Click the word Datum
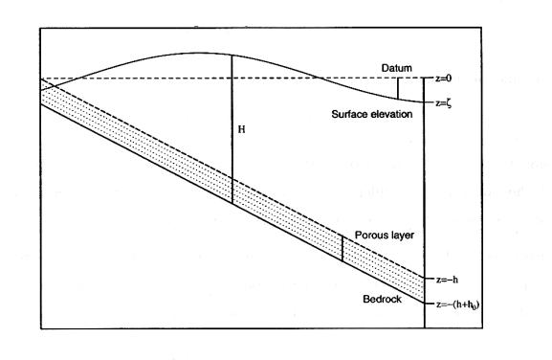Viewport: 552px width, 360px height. (x=397, y=68)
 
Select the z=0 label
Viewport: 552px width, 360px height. (x=443, y=79)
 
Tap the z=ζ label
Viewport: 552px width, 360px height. (x=444, y=103)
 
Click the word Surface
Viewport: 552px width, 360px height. (x=351, y=114)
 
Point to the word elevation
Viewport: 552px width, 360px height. (x=392, y=114)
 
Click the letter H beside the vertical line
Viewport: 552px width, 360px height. (x=241, y=129)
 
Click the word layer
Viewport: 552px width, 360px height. (x=402, y=236)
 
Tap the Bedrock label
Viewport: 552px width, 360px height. (x=382, y=299)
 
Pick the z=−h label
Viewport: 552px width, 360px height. (x=447, y=280)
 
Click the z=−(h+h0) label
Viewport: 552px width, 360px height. (x=457, y=304)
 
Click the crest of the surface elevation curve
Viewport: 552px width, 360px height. (x=197, y=54)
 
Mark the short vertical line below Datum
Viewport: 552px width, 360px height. (x=398, y=88)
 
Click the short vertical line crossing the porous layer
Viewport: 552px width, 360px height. (x=342, y=248)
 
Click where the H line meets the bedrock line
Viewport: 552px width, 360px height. (x=232, y=203)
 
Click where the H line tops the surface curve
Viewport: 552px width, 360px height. (x=232, y=56)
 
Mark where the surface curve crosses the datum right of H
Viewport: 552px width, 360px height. (x=320, y=78)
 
